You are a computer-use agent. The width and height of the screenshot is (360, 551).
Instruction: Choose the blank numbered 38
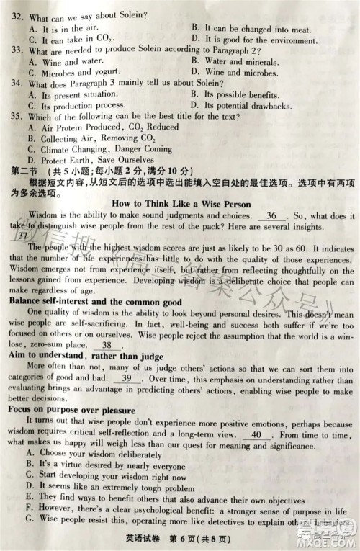click(x=111, y=345)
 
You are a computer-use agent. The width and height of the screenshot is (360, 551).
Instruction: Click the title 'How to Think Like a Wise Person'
click(x=181, y=203)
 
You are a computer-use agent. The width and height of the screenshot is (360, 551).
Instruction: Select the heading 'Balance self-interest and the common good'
click(x=94, y=301)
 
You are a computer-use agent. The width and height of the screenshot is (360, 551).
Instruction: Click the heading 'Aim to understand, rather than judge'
click(x=85, y=357)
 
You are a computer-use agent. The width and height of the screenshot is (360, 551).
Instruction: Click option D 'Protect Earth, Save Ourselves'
click(x=86, y=159)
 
